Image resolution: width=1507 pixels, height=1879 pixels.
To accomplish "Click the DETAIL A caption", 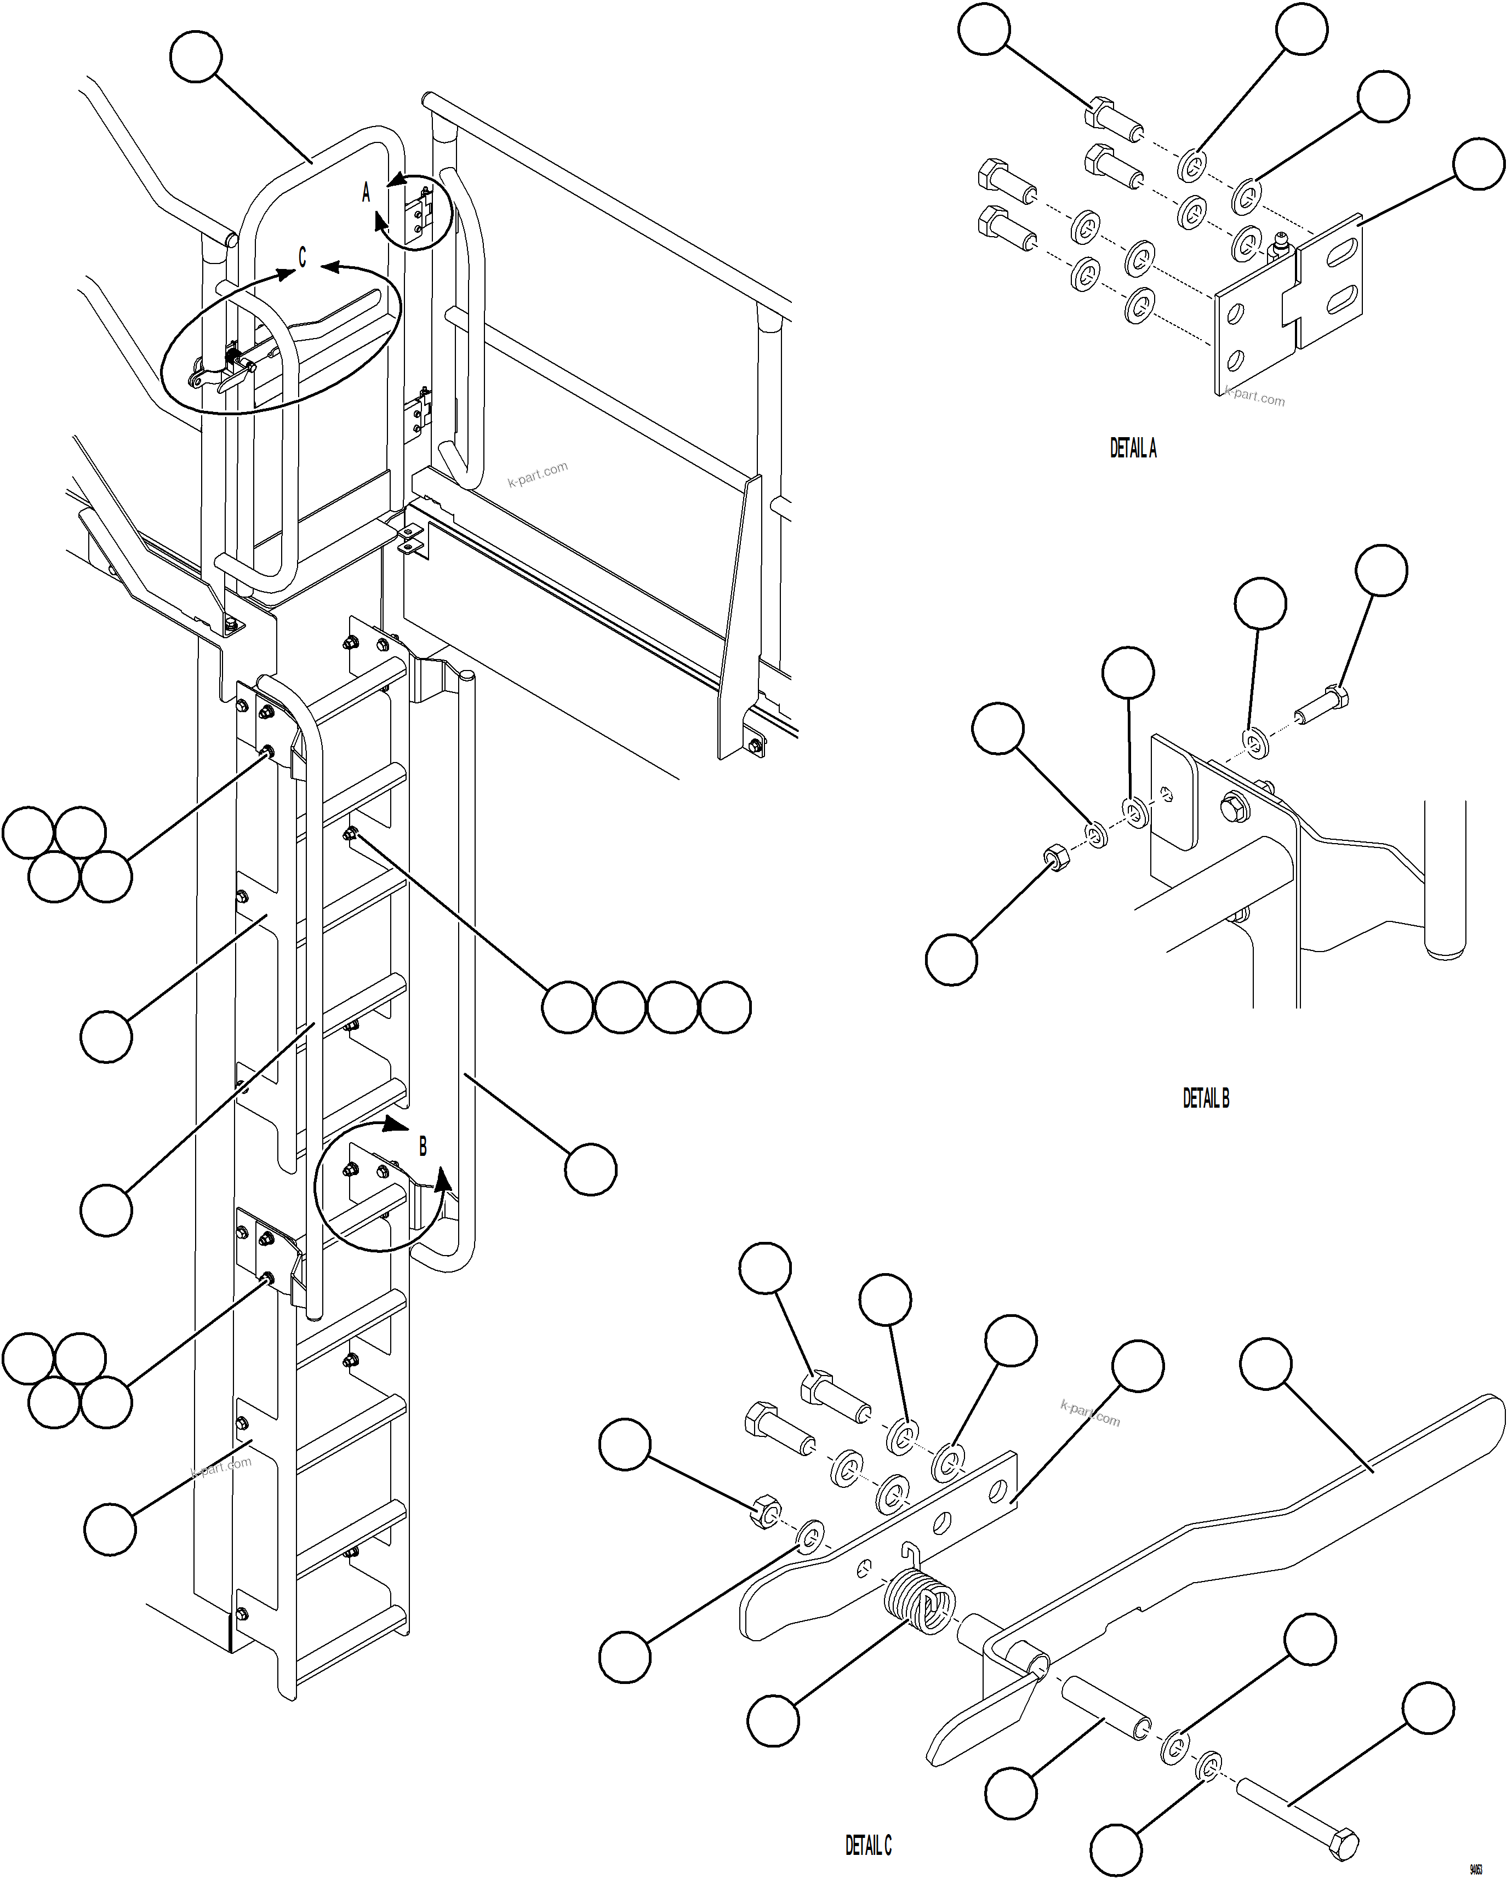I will point(1132,449).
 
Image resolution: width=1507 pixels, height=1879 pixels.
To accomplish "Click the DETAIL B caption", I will point(1206,1099).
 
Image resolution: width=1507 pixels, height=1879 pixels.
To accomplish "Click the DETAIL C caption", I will point(868,1845).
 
